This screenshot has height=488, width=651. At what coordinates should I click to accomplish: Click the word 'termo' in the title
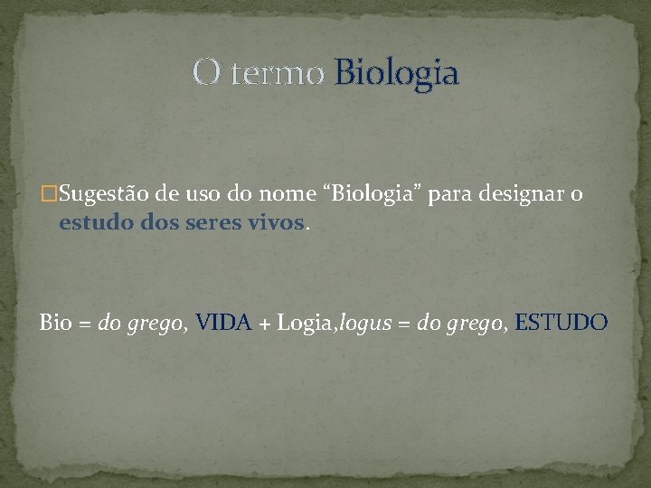[x=277, y=73]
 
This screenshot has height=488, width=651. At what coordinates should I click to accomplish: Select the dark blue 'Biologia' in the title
[x=396, y=73]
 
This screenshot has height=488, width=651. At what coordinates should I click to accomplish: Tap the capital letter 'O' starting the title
[x=205, y=73]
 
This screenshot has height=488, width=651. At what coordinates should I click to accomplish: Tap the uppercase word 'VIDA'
[x=223, y=322]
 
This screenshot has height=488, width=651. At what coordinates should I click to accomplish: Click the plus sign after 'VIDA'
[x=265, y=323]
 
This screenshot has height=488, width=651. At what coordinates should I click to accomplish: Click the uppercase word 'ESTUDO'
[x=561, y=322]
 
